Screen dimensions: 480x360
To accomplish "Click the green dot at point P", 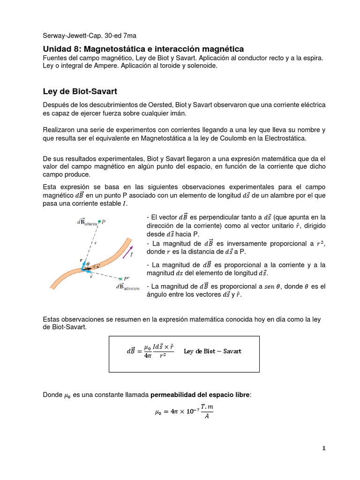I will tap(99, 222).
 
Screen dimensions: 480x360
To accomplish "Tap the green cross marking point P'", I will tap(120, 278).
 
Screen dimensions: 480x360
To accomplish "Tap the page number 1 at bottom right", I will tap(323, 448).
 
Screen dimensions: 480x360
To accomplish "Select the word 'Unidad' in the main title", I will tap(57, 49).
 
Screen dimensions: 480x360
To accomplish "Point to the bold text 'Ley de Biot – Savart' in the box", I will tap(212, 351).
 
